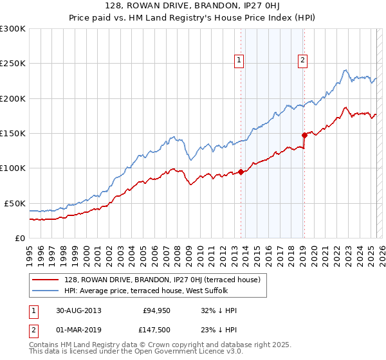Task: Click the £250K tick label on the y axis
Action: tap(13, 64)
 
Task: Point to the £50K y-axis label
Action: tap(15, 203)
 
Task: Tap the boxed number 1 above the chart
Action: tap(239, 61)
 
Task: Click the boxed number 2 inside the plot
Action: tap(302, 61)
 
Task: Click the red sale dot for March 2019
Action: tap(304, 135)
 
